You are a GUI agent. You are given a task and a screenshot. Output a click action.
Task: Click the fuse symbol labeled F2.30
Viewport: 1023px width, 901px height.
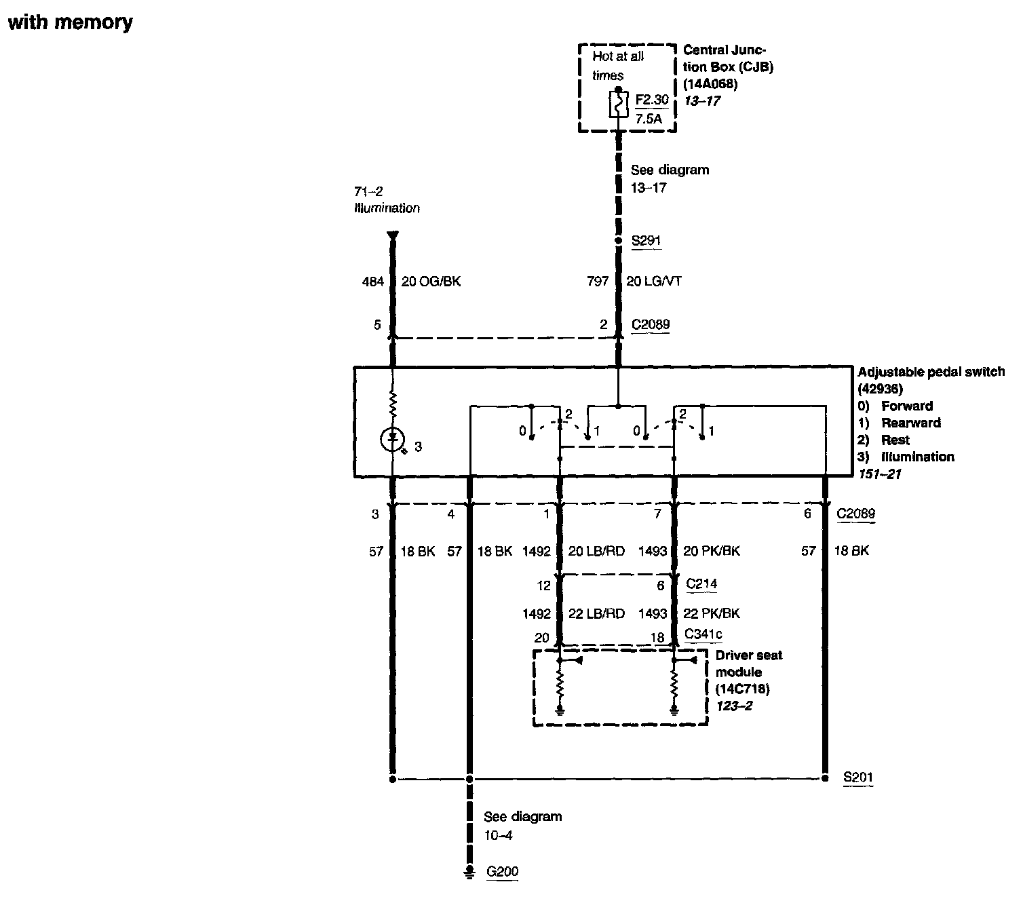pos(618,105)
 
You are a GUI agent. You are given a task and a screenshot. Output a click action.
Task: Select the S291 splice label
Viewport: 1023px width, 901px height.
pos(645,241)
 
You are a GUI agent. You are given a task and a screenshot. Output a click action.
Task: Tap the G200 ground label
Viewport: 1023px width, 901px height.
pos(503,872)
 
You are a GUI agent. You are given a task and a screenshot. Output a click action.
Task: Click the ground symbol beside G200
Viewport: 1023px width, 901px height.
pos(469,873)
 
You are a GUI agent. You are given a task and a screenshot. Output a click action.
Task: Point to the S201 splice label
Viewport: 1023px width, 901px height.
pos(857,778)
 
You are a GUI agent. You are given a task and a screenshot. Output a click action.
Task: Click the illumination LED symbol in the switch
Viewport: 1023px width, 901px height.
pos(392,440)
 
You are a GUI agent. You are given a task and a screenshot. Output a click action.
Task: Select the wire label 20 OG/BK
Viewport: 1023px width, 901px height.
pos(431,282)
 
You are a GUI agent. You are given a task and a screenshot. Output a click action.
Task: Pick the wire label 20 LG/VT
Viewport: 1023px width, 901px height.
pos(654,282)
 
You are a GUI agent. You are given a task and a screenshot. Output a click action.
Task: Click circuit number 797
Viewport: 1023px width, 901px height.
pos(598,282)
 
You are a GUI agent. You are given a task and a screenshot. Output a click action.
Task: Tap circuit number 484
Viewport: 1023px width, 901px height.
pos(372,282)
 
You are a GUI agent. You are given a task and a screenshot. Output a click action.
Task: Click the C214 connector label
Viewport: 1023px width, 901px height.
pos(701,583)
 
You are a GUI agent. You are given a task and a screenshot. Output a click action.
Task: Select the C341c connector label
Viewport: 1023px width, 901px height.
pos(703,635)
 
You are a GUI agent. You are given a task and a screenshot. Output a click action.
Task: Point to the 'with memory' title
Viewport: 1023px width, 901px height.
pos(70,22)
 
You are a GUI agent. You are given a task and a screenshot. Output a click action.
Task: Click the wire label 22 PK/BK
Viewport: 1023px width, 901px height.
pos(712,613)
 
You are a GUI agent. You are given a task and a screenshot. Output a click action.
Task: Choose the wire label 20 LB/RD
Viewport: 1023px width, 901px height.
pos(596,552)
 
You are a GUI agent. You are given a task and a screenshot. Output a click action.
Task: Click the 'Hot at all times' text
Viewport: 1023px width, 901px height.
pos(617,66)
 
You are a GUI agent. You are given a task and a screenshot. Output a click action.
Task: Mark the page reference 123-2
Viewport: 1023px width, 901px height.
pos(734,706)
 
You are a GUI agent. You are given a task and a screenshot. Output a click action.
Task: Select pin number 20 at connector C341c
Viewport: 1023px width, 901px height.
pos(541,638)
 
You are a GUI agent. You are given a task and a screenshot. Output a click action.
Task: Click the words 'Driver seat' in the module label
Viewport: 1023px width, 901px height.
pos(749,655)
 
